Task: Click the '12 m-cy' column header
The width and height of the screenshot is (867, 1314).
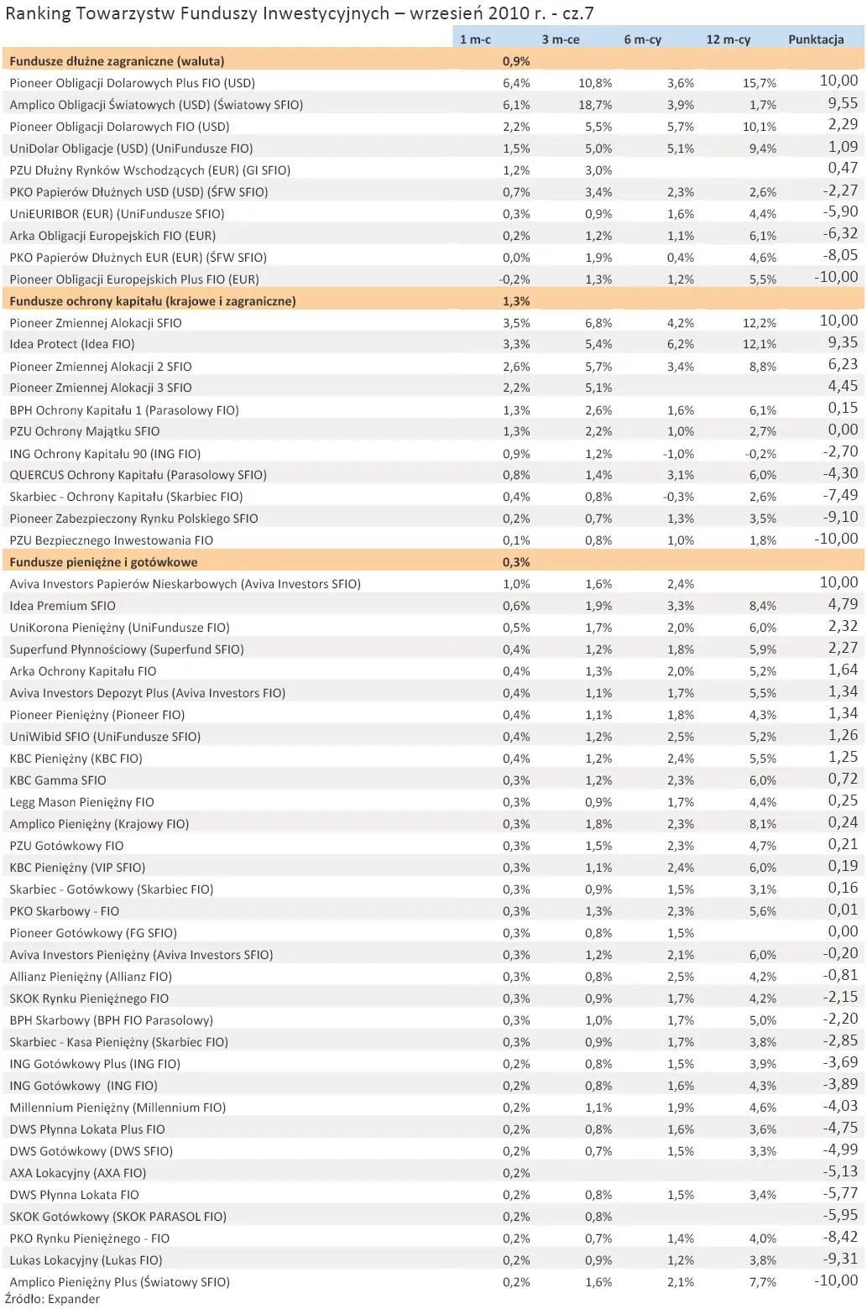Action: (728, 39)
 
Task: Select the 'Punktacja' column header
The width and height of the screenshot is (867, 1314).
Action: (815, 39)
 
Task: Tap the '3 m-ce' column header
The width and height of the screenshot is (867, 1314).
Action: (560, 39)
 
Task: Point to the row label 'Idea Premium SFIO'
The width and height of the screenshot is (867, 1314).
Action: (63, 606)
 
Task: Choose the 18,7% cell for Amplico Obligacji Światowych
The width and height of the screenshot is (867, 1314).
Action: (595, 105)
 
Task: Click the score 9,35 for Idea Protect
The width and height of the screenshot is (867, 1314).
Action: (843, 342)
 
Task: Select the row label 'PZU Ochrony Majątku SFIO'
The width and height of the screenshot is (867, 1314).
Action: (85, 431)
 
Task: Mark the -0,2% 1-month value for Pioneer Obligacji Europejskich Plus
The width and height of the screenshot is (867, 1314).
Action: (514, 279)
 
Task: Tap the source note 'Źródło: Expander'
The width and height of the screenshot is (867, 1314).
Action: (52, 1300)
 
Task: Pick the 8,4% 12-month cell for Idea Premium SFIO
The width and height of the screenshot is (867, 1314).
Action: (763, 606)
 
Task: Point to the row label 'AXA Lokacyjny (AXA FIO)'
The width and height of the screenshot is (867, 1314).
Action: (78, 1173)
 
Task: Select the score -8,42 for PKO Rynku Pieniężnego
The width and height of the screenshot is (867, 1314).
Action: (840, 1237)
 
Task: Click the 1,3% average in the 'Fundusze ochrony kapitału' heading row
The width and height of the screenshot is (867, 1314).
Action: (516, 301)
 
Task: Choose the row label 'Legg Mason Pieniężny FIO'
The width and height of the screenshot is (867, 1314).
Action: (82, 802)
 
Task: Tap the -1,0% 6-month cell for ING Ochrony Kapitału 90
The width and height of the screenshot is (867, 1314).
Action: (679, 454)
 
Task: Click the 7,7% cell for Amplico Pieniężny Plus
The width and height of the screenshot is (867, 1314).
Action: (763, 1282)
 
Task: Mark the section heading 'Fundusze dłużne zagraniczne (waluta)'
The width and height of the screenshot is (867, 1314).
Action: (117, 61)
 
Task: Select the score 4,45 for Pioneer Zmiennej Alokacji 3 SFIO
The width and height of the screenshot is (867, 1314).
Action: (843, 386)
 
